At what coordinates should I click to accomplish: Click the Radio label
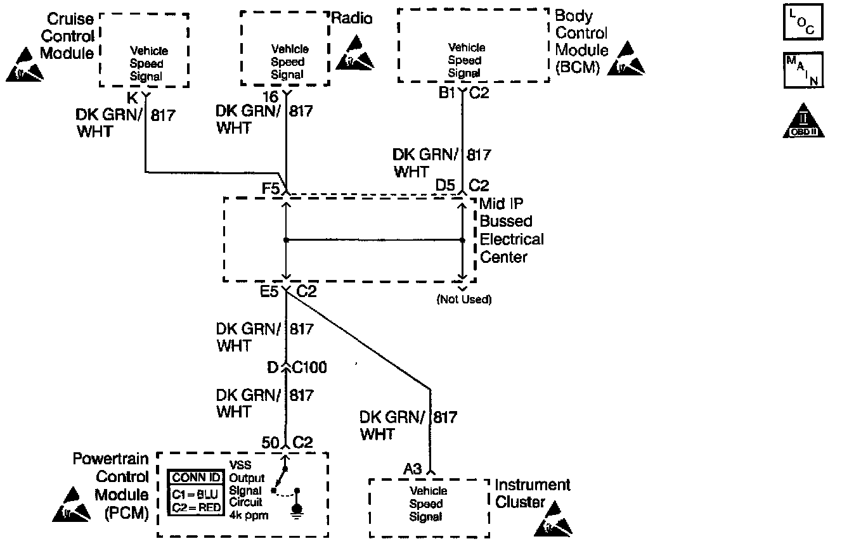tap(352, 19)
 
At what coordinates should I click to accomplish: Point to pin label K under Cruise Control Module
tap(132, 98)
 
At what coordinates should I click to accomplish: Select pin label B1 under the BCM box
tap(448, 94)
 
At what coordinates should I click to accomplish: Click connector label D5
tap(445, 186)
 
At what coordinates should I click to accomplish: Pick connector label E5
tap(269, 291)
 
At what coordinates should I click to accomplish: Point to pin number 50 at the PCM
tap(271, 443)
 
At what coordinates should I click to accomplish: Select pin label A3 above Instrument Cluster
tap(413, 469)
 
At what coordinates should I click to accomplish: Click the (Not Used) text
tap(464, 299)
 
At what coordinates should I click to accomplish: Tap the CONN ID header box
tap(197, 478)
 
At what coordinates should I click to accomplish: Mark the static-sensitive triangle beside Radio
tap(355, 53)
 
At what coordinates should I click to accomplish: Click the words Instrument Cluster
tap(533, 493)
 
